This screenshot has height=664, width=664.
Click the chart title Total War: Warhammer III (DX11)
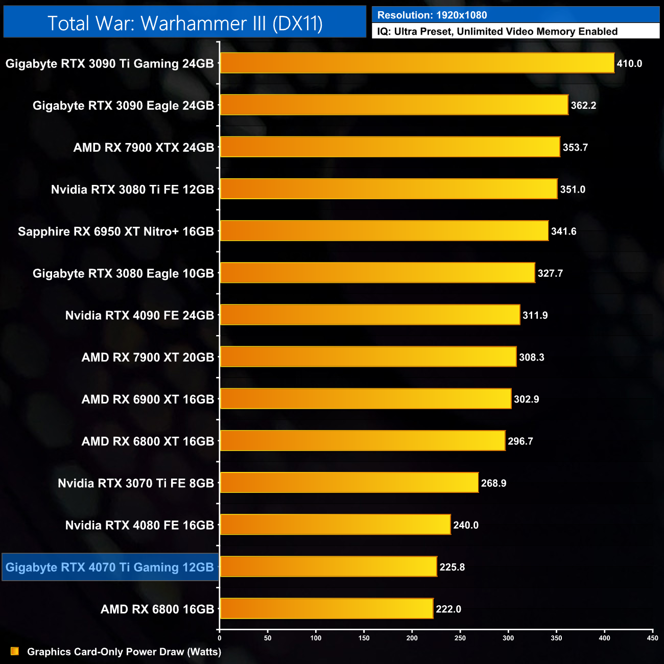185,23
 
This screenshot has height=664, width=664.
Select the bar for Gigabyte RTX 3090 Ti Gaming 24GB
417,63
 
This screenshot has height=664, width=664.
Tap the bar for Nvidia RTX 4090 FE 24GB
370,315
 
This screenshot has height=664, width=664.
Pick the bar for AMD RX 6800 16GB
326,609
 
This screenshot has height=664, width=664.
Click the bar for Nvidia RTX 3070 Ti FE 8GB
349,483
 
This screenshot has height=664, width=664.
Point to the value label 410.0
629,64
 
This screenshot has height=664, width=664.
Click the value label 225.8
452,567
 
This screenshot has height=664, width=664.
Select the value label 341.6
563,232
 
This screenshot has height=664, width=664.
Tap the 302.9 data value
526,399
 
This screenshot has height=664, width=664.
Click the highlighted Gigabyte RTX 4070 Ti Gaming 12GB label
110,567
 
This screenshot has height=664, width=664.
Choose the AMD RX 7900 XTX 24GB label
144,148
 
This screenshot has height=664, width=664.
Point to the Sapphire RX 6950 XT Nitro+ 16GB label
116,232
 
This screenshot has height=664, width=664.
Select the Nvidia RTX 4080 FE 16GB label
139,526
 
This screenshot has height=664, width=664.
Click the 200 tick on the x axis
412,638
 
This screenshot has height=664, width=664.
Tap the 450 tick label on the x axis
652,638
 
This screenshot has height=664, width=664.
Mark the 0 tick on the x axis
220,638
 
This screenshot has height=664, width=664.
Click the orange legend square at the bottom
15,651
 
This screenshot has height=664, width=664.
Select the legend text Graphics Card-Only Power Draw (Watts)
124,652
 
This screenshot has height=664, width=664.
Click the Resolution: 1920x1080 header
432,15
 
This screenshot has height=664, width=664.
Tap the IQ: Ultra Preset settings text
497,32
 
